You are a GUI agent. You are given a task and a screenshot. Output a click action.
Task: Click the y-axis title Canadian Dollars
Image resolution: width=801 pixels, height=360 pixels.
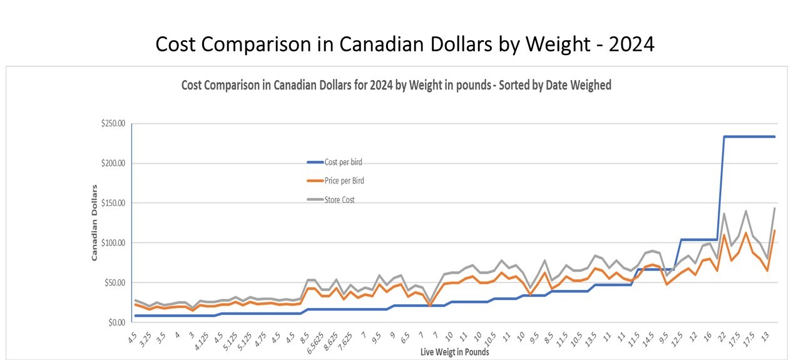(95, 222)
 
